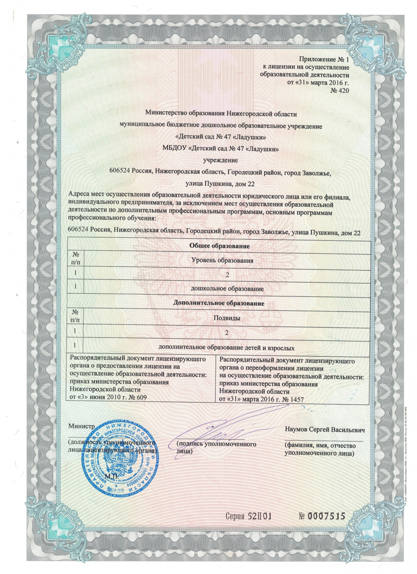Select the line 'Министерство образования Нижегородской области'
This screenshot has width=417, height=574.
pyautogui.click(x=221, y=113)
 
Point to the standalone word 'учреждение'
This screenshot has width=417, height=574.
pyautogui.click(x=220, y=160)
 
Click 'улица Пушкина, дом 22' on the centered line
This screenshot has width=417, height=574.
pyautogui.click(x=220, y=184)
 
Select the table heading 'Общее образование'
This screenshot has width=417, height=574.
pyautogui.click(x=219, y=246)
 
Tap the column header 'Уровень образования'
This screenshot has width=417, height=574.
pyautogui.click(x=222, y=261)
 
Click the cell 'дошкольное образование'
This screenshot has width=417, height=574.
pyautogui.click(x=227, y=289)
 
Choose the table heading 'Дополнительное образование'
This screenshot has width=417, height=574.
pyautogui.click(x=219, y=303)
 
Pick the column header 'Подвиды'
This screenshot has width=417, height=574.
pyautogui.click(x=227, y=318)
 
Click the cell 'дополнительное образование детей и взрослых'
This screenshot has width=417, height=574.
pyautogui.click(x=227, y=348)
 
